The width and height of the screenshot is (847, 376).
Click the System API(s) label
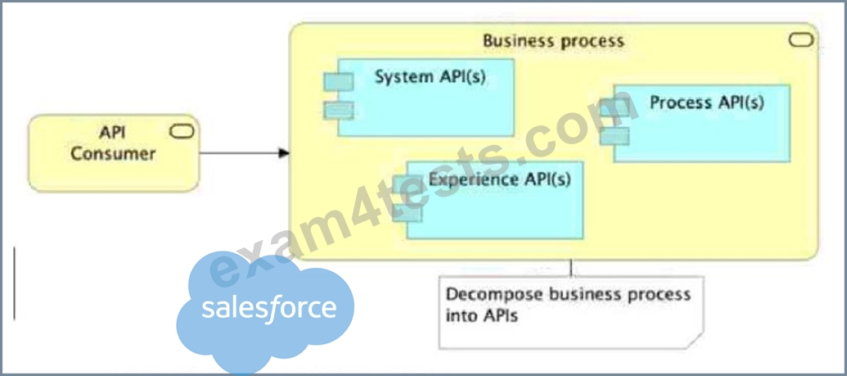(430, 77)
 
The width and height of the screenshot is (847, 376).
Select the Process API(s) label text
(706, 102)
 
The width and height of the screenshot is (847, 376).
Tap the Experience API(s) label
(500, 179)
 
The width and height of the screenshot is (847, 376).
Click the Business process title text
(553, 41)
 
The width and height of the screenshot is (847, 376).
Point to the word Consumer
(113, 154)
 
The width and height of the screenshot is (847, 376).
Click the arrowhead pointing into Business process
(284, 153)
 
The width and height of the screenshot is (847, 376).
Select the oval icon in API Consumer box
(182, 131)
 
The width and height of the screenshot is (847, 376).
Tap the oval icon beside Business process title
(801, 40)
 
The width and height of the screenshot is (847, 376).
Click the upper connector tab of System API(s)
(339, 82)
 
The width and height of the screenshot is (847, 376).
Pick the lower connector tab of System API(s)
(339, 111)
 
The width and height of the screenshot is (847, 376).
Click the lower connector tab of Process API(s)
(615, 136)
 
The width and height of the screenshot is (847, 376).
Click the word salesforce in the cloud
(269, 308)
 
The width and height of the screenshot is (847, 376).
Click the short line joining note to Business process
(571, 269)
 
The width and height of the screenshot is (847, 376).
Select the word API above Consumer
(112, 133)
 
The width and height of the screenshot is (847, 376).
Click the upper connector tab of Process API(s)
(615, 107)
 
